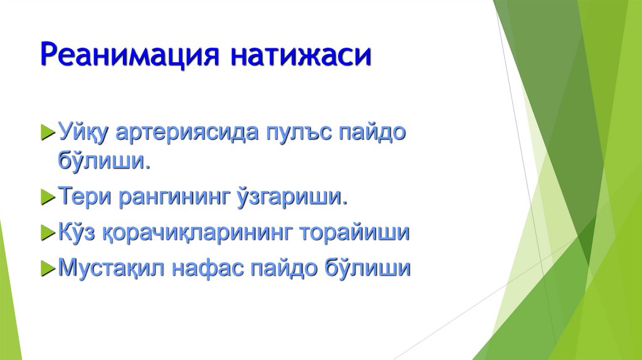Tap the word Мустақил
click(x=103, y=268)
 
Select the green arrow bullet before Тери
click(x=48, y=198)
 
